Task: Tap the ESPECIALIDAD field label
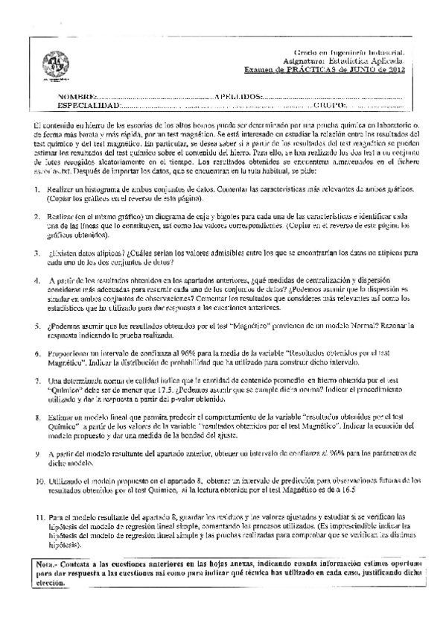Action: tap(86, 107)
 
